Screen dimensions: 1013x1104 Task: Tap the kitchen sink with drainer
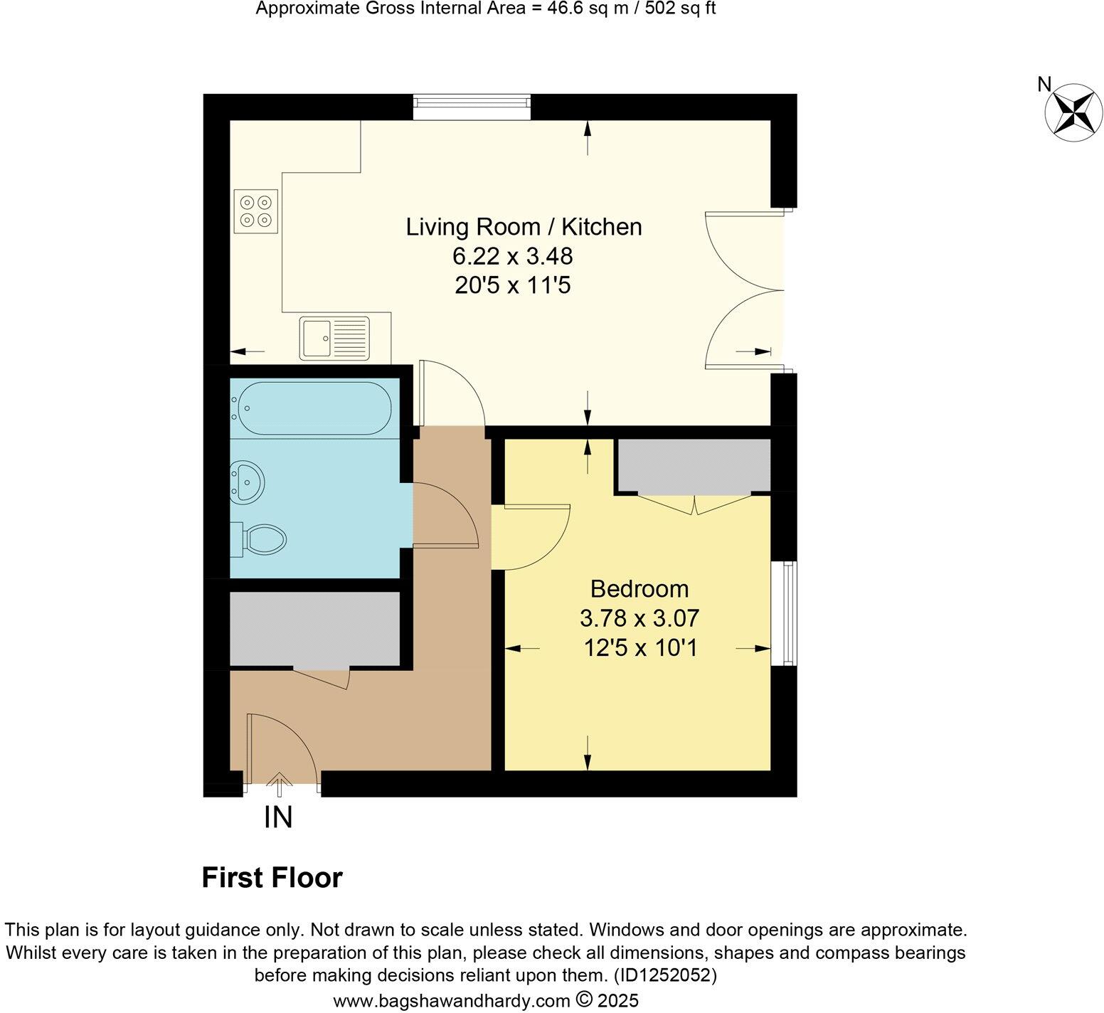click(334, 337)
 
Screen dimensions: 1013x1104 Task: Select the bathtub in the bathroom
click(311, 408)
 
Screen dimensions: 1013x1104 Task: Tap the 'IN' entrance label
click(278, 818)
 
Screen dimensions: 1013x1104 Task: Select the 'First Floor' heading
click(272, 878)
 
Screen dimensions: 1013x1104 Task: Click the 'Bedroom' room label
click(639, 589)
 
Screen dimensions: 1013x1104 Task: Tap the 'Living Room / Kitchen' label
click(524, 227)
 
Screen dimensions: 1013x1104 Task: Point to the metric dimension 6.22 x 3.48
click(512, 256)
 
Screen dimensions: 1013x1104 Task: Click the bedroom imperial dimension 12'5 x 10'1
click(639, 648)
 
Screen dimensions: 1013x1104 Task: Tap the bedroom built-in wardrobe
click(694, 465)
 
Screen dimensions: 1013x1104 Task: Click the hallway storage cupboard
click(314, 629)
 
